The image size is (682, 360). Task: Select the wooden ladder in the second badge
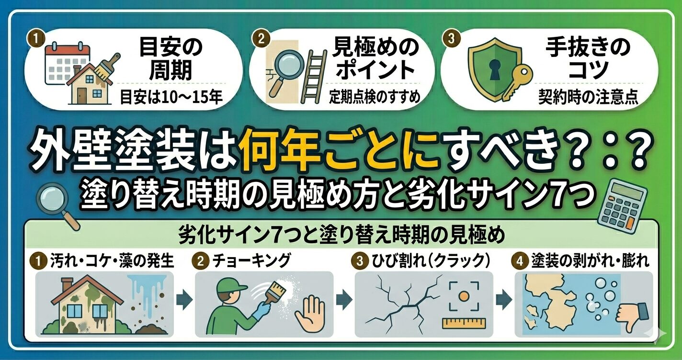314,77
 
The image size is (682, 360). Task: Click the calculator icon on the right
622,206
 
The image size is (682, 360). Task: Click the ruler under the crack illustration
464,323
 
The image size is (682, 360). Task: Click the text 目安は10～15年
171,97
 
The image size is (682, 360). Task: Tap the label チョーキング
251,261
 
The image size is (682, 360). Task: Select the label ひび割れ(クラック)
431,261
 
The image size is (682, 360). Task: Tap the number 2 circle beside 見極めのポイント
261,39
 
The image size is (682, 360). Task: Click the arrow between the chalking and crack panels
344,300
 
